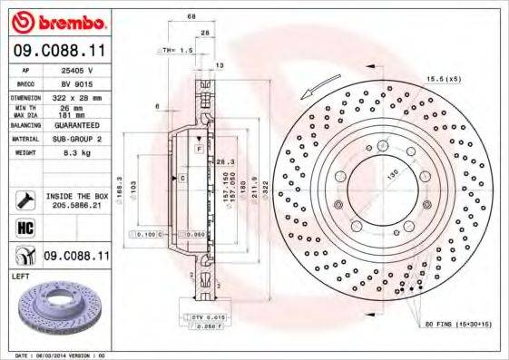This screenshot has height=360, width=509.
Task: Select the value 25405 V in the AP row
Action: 83,69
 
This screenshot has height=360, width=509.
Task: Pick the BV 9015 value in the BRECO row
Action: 83,82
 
